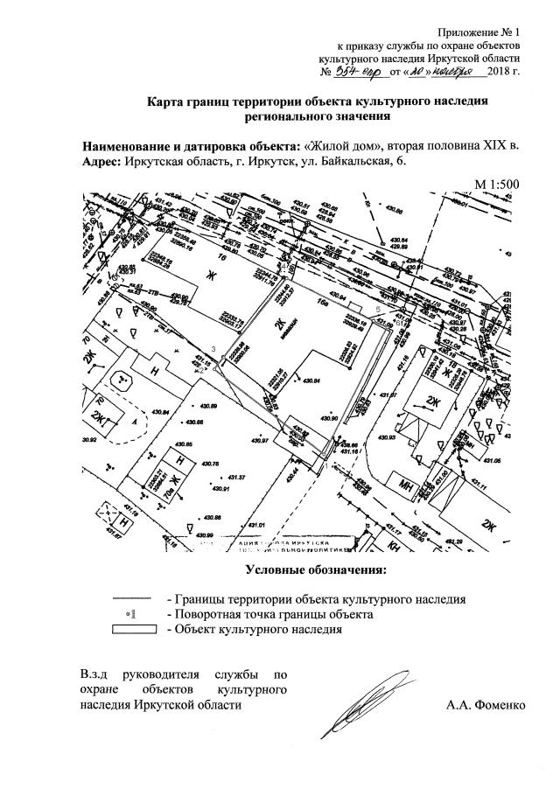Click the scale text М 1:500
497,184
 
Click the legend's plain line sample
134,599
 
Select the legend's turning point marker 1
134,614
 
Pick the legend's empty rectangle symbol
134,628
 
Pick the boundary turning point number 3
213,348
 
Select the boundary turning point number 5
377,309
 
